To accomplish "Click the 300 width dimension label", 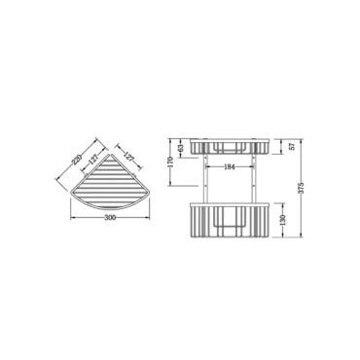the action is pos(111,217).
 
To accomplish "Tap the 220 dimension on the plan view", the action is pos(77,160).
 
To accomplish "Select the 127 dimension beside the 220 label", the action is pos(93,160).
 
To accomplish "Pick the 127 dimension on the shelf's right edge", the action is pos(129,157).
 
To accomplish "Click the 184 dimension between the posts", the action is pos(230,167).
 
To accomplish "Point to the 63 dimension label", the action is pos(181,148).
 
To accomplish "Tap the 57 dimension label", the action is pos(292,146).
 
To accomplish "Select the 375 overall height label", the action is pos(301,187).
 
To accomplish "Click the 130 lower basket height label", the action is pos(282,220).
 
